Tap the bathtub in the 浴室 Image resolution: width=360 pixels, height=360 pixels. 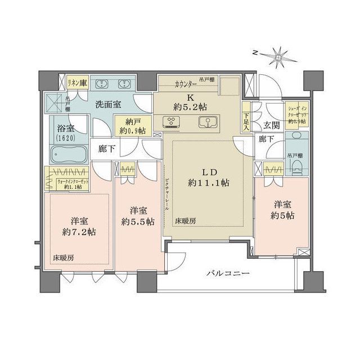68,154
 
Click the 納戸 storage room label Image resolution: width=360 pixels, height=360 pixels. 130,126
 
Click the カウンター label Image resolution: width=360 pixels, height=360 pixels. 186,83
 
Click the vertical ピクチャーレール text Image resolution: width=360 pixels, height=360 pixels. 167,195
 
